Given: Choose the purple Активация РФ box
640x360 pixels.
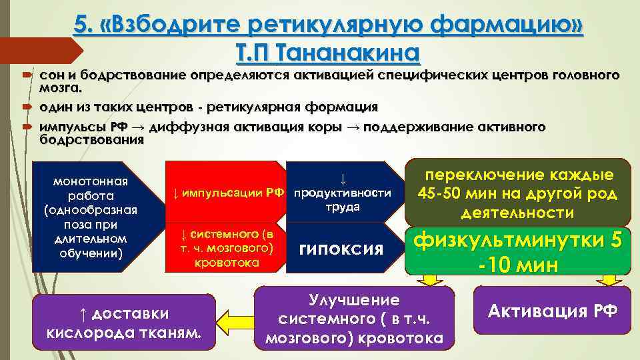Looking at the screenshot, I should click(x=552, y=311).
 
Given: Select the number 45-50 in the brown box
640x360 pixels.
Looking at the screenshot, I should click(x=445, y=195).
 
